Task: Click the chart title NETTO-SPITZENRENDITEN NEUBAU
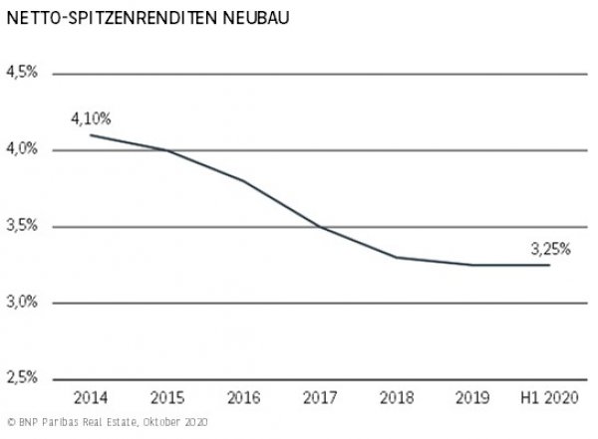pyautogui.click(x=136, y=18)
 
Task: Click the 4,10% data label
pyautogui.click(x=90, y=118)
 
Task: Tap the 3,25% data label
pyautogui.click(x=549, y=249)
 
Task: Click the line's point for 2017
pyautogui.click(x=319, y=227)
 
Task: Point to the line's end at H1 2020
pyautogui.click(x=548, y=265)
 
